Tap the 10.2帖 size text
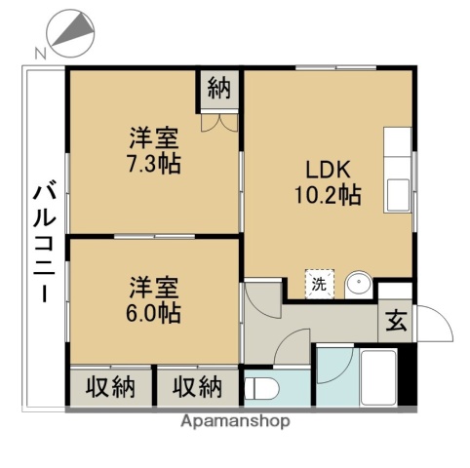coord(328,194)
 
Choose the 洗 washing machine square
coord(319,284)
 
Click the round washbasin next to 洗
coord(357,284)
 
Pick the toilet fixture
coord(261,388)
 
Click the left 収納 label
coord(110,387)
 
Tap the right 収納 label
coord(197,387)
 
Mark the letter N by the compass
coord(38,53)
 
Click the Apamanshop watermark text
coord(235,423)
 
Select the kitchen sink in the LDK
coord(398,192)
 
